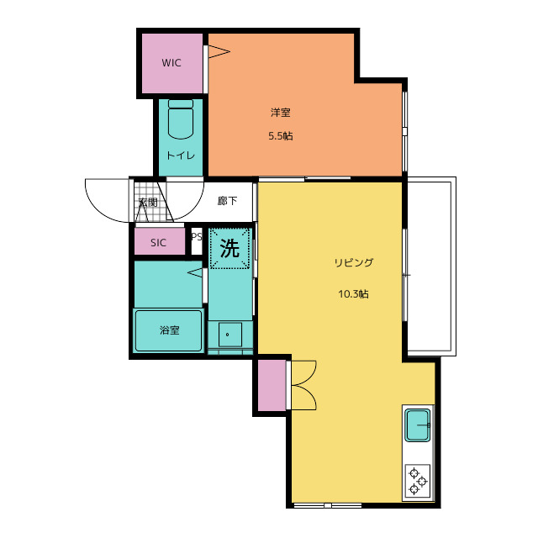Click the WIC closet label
point(171,63)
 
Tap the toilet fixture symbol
point(181,119)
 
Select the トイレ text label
point(181,156)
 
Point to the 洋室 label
point(280,113)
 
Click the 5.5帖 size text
point(280,136)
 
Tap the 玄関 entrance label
point(148,202)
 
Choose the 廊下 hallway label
point(227,201)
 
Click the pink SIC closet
point(160,241)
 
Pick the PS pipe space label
point(197,237)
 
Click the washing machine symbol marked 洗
point(229,248)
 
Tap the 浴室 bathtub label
point(170,330)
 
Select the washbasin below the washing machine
point(230,335)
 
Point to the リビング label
point(353,263)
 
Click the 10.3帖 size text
point(353,294)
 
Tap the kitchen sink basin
point(418,425)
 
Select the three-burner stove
point(418,480)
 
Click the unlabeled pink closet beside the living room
point(272,385)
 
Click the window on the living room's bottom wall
point(328,505)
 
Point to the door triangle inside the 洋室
point(219,52)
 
